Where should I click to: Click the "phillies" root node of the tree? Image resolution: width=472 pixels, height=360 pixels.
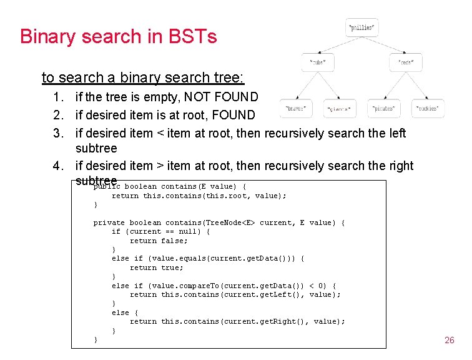(x=362, y=28)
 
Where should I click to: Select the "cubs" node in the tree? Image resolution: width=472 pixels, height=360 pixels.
(x=318, y=63)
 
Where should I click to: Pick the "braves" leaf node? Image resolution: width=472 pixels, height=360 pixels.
(x=295, y=108)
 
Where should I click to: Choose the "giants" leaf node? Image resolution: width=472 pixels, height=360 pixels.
(x=340, y=109)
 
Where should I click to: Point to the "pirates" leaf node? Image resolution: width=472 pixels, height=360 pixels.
(x=384, y=108)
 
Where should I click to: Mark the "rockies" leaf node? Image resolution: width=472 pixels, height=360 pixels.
(x=428, y=108)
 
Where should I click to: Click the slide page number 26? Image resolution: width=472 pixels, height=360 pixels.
(x=449, y=340)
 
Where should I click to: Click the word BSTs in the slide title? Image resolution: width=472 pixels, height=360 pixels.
(x=194, y=36)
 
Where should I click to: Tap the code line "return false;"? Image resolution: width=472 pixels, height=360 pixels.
(x=159, y=241)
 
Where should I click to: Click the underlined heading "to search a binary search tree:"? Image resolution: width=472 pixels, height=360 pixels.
(x=143, y=78)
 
